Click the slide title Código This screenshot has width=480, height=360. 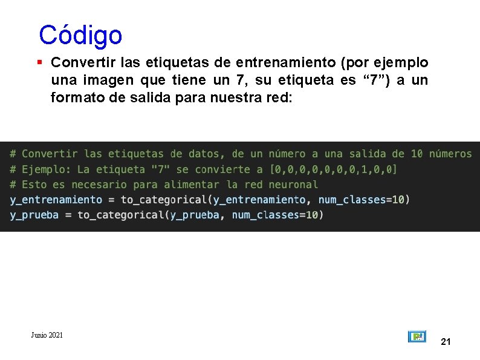(80, 36)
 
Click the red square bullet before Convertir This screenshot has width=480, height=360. (39, 62)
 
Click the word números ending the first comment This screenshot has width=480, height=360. (447, 154)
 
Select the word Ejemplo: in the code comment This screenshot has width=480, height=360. (47, 169)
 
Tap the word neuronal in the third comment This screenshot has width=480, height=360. (293, 185)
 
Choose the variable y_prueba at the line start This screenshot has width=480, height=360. (34, 215)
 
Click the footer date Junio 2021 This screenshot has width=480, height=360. (47, 335)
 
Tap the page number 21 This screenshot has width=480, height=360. (446, 342)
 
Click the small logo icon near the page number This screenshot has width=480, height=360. (417, 337)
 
